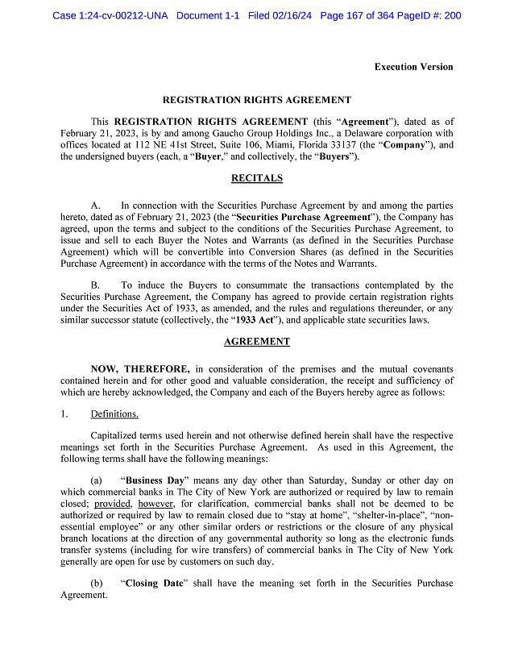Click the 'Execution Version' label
coord(413,67)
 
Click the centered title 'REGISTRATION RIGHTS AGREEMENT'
coord(257,100)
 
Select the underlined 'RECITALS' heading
coord(257,178)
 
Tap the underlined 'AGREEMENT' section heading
coord(257,342)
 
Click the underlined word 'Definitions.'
coord(114,414)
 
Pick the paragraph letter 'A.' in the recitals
coord(96,206)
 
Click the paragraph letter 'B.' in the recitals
coord(96,285)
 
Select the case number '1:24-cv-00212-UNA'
coord(121,15)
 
